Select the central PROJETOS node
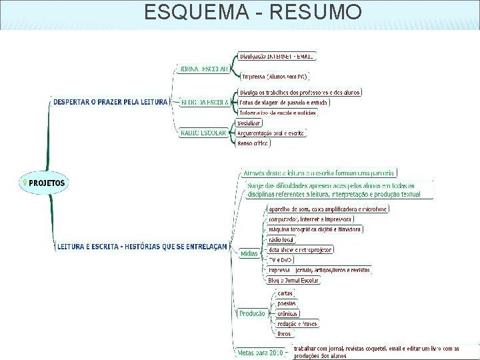47,182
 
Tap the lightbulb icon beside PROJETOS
25,182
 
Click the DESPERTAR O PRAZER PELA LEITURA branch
111,101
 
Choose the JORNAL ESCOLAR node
204,68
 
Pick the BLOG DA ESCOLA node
205,102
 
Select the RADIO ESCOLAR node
203,132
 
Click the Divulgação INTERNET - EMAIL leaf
276,57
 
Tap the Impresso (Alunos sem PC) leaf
274,77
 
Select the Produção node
251,313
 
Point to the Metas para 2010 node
259,351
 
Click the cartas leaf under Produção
285,293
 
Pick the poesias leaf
287,303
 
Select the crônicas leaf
288,313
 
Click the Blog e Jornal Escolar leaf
293,280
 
